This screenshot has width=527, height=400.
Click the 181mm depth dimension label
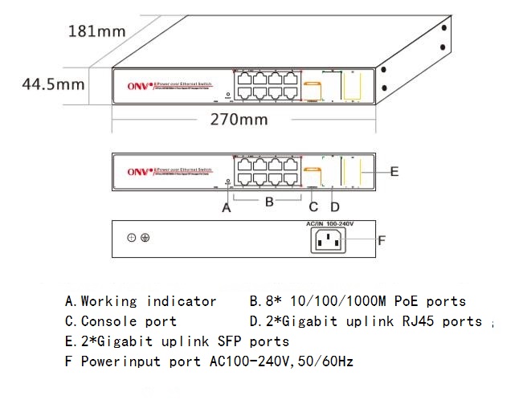[x=97, y=32]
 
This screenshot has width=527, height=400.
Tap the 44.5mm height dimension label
[x=54, y=84]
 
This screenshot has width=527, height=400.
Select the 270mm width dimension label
[x=239, y=120]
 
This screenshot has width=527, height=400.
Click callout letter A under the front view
[x=227, y=207]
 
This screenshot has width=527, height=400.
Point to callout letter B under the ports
[x=271, y=202]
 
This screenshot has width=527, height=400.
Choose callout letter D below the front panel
[x=336, y=207]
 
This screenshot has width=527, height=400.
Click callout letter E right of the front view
[x=394, y=171]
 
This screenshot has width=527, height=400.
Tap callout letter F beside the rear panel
[x=382, y=239]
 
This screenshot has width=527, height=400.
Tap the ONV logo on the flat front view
[x=138, y=171]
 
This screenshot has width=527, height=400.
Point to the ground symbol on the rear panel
[x=145, y=238]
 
